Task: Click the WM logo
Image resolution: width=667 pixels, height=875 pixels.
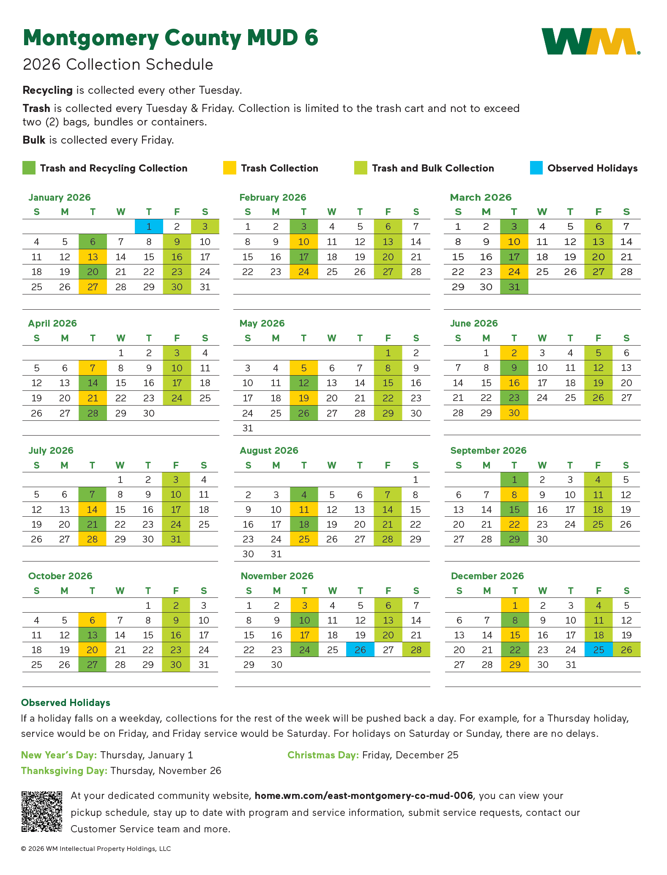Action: (x=590, y=41)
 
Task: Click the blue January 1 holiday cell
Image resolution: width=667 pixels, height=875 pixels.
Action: (x=149, y=226)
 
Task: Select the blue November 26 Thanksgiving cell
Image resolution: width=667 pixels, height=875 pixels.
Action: (x=360, y=649)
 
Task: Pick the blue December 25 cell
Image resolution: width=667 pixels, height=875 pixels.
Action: (x=599, y=649)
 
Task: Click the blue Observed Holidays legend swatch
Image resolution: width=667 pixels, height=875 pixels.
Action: (x=536, y=168)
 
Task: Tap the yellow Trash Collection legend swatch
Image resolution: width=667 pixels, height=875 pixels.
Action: (x=230, y=168)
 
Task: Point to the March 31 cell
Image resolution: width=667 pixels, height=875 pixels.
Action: (x=514, y=287)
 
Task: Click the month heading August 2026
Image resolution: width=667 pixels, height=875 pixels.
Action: (x=269, y=450)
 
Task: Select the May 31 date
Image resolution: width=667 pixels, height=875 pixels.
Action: (x=248, y=428)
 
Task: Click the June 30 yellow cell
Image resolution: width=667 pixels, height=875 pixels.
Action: (x=514, y=413)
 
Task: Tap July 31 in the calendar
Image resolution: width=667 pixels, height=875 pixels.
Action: (x=176, y=539)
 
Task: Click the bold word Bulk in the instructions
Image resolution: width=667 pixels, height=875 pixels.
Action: (x=34, y=140)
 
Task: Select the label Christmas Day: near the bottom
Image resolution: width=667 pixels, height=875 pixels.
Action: (x=323, y=755)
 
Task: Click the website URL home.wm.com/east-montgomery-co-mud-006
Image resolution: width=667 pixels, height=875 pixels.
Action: (x=364, y=796)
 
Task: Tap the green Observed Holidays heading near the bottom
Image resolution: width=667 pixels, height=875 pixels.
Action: (x=66, y=703)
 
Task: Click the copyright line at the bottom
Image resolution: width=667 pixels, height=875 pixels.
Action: (x=96, y=848)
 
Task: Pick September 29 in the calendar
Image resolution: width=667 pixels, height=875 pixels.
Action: (x=514, y=539)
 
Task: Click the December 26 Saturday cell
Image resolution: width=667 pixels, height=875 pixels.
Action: (x=626, y=649)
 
